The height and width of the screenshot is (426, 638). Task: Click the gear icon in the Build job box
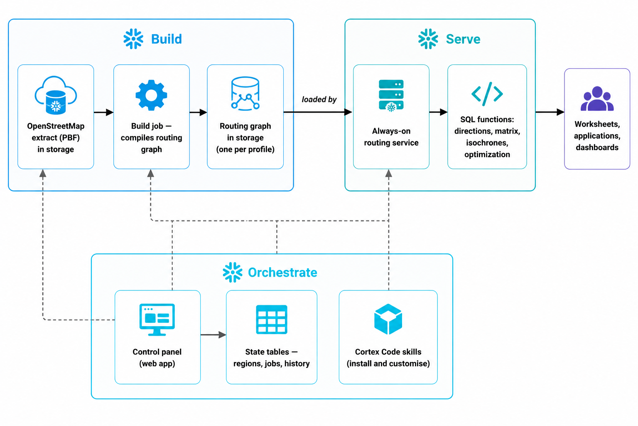tap(151, 95)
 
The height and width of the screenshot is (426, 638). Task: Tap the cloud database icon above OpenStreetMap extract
tap(56, 95)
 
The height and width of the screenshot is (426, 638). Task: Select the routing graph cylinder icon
tap(245, 93)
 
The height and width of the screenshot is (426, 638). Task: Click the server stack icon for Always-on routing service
tap(391, 95)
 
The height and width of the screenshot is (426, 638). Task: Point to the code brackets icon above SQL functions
tap(487, 94)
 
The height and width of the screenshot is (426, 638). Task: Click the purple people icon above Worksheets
tap(597, 99)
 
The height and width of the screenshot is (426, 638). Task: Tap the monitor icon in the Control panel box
tap(157, 319)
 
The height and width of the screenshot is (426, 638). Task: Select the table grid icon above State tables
tap(271, 319)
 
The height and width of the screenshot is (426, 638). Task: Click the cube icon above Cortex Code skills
tap(388, 319)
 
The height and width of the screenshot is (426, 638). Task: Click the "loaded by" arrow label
tap(319, 99)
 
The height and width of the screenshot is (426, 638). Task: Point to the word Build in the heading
tap(166, 39)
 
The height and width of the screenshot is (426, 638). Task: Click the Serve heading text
tap(463, 39)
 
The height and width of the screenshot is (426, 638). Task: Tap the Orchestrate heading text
tap(282, 272)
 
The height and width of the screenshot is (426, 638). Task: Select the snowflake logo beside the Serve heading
tap(428, 39)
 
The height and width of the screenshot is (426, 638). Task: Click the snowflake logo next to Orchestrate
tap(233, 272)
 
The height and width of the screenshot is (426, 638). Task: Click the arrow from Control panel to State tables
tap(213, 335)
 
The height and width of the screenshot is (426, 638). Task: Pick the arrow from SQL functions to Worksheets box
tap(550, 112)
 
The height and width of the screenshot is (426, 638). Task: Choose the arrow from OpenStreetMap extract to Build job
tap(104, 112)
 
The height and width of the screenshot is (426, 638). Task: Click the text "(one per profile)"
tap(245, 149)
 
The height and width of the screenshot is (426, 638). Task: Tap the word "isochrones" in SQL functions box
tap(487, 142)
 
